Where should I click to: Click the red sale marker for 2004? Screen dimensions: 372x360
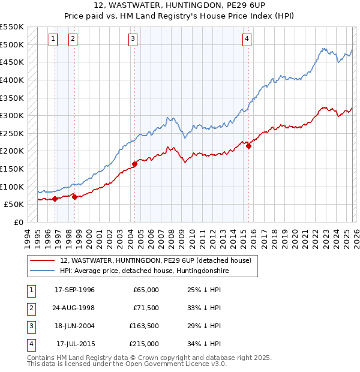134,164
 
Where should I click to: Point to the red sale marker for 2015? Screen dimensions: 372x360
248,145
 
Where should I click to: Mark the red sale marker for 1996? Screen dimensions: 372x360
55,199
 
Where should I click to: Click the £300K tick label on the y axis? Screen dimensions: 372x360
11,115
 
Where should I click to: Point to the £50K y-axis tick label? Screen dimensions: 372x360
14,204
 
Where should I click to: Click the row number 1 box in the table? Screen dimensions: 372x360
30,290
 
